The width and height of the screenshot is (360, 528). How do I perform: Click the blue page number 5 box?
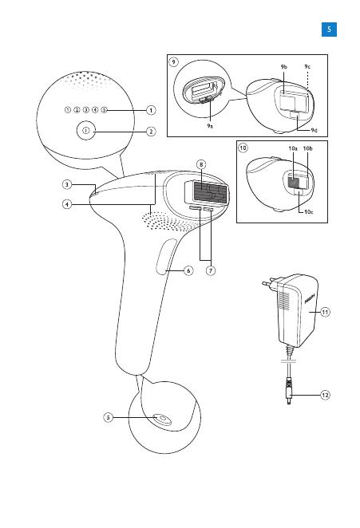pyautogui.click(x=329, y=30)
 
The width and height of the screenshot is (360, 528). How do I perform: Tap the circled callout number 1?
pyautogui.click(x=151, y=110)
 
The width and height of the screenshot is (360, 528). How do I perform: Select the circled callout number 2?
pyautogui.click(x=151, y=132)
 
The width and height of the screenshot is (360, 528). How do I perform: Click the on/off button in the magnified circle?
pyautogui.click(x=86, y=131)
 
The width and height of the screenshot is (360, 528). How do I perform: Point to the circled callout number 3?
pyautogui.click(x=67, y=184)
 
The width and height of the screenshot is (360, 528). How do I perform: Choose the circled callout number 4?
pyautogui.click(x=67, y=204)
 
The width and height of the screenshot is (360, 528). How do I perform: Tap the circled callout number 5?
pyautogui.click(x=109, y=418)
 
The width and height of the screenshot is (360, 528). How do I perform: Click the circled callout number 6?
pyautogui.click(x=188, y=270)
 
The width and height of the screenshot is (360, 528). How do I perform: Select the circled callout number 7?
pyautogui.click(x=211, y=270)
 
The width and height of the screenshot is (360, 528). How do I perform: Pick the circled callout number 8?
pyautogui.click(x=201, y=164)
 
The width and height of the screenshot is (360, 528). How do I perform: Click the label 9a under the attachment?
pyautogui.click(x=210, y=126)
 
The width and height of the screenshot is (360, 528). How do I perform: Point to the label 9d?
pyautogui.click(x=315, y=130)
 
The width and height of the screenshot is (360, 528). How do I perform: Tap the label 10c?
pyautogui.click(x=308, y=212)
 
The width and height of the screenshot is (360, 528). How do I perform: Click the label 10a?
pyautogui.click(x=293, y=148)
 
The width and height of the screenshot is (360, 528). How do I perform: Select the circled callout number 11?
pyautogui.click(x=325, y=312)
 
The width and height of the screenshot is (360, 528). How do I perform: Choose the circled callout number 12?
pyautogui.click(x=325, y=395)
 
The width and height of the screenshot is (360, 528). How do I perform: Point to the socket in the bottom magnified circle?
pyautogui.click(x=163, y=420)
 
